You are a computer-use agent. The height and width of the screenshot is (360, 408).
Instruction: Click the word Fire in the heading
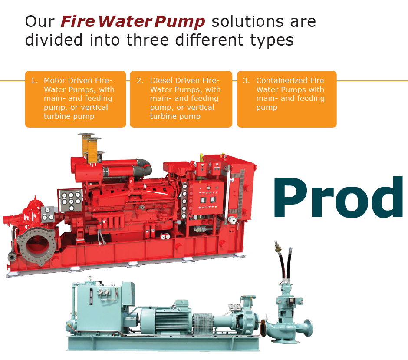78,21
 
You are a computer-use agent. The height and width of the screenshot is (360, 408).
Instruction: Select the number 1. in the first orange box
34,80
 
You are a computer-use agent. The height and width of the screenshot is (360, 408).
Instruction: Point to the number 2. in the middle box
140,80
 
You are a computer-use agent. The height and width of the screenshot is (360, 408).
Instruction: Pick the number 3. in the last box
246,80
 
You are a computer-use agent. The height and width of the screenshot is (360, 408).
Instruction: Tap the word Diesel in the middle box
162,80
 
